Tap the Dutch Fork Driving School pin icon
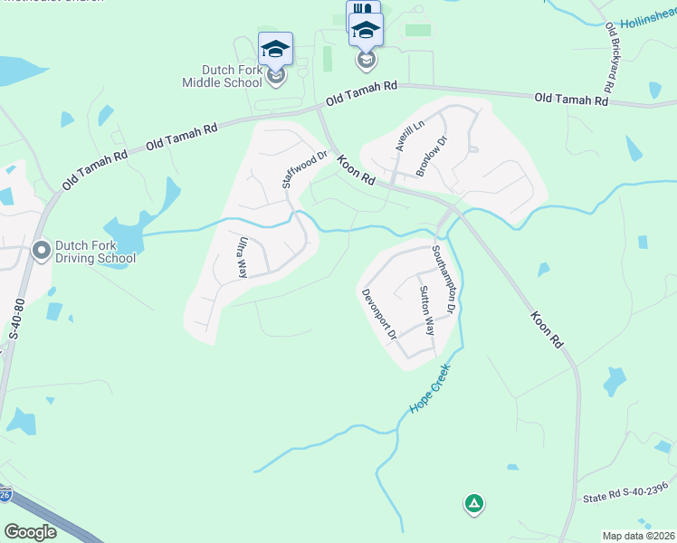(41, 249)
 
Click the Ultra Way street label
(243, 258)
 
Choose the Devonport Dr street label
(380, 314)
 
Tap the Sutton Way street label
(426, 311)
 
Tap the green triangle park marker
(472, 503)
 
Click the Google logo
(30, 532)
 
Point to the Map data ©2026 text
(638, 536)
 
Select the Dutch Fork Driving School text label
(96, 251)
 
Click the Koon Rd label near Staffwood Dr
(356, 171)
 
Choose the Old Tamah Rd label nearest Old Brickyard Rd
(570, 99)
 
